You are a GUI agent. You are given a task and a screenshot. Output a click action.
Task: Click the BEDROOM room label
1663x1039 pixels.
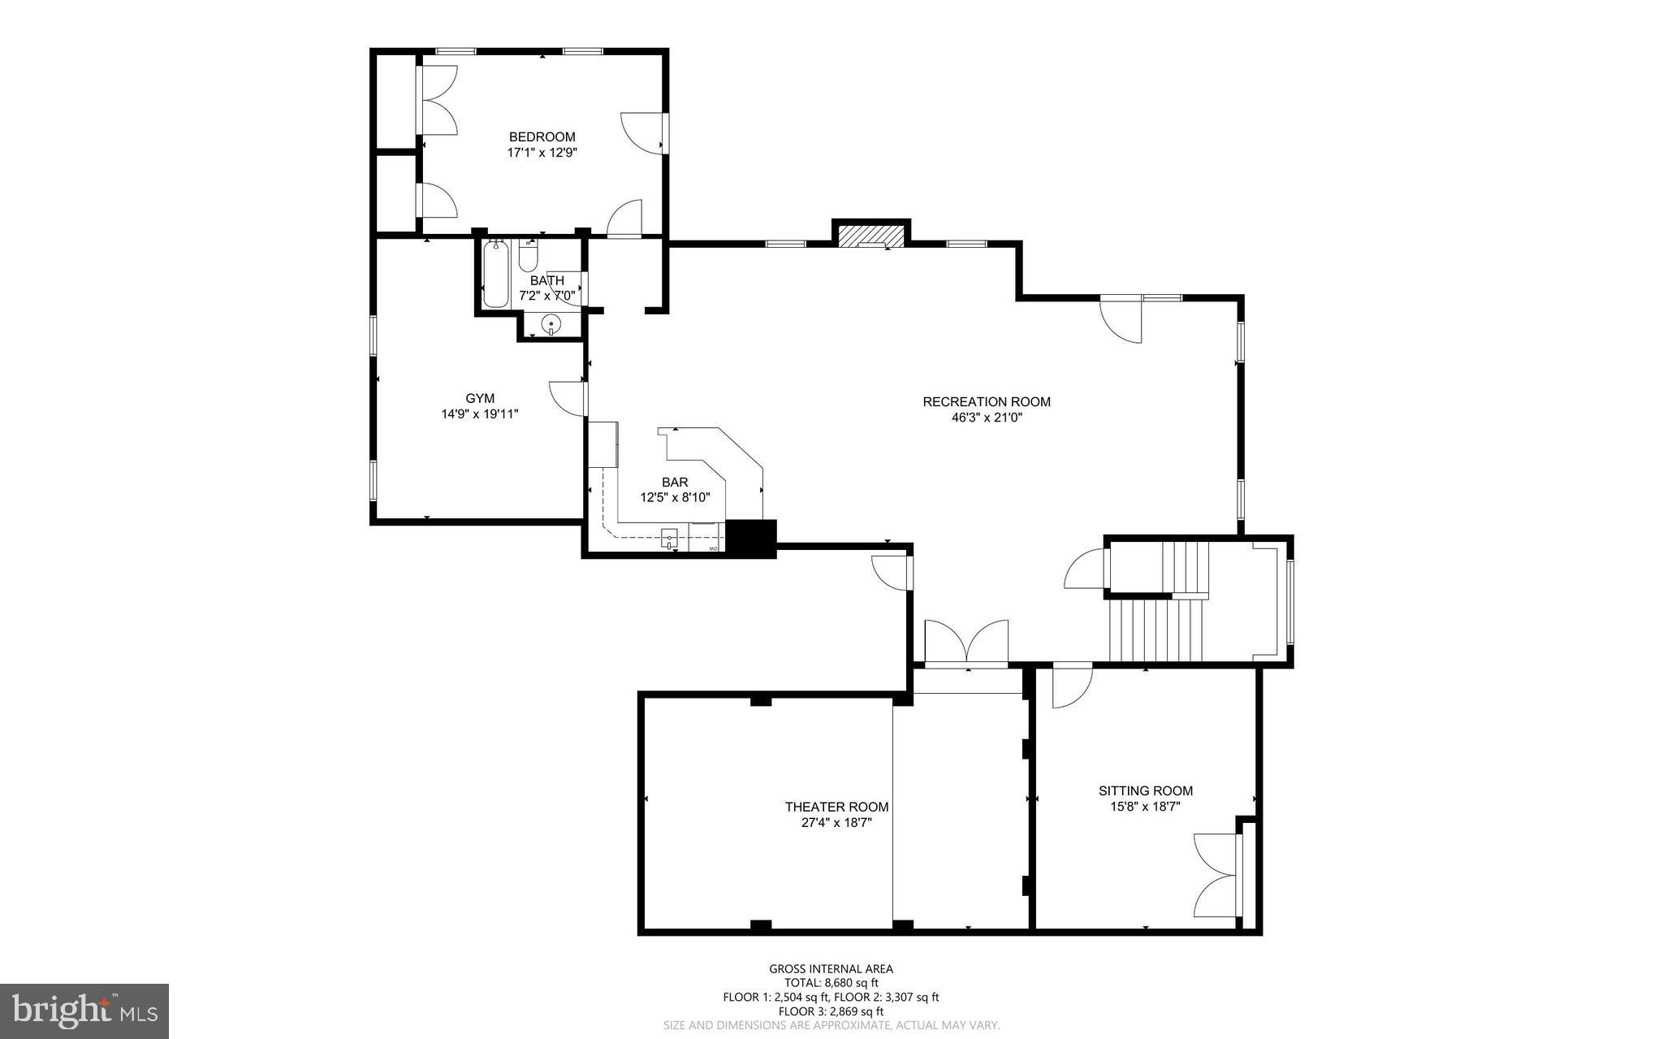click(542, 136)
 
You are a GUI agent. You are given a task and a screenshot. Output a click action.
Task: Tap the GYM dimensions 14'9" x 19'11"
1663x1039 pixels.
click(479, 414)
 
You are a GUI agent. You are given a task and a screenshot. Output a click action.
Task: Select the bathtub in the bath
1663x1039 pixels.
click(495, 274)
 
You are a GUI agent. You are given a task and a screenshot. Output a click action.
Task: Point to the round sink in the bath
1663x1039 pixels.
click(551, 324)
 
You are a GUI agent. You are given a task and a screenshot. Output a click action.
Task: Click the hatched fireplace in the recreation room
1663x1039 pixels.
click(870, 236)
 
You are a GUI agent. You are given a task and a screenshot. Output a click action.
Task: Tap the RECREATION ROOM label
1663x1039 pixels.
click(986, 401)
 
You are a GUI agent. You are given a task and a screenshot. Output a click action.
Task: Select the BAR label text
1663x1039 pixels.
click(675, 483)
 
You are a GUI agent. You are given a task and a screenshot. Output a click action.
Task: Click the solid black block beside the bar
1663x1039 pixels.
click(750, 537)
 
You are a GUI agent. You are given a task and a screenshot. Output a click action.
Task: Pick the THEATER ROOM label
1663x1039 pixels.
click(836, 807)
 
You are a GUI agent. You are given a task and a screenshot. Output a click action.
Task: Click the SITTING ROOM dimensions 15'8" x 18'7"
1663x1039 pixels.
click(1145, 807)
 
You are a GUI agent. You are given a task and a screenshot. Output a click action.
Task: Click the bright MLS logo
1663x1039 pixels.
click(84, 1011)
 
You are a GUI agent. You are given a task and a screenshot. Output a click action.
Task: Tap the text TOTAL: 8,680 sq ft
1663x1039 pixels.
click(831, 982)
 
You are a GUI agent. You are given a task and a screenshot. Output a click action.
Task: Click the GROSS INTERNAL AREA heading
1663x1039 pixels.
click(831, 968)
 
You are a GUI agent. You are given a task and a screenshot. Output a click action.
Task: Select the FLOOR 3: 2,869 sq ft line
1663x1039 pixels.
click(831, 1011)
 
